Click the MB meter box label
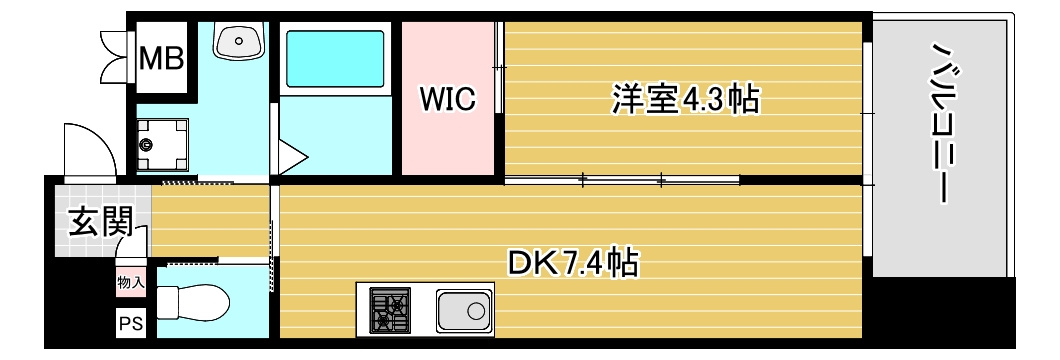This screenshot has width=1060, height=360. click(x=162, y=59)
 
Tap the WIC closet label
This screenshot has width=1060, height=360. click(x=447, y=99)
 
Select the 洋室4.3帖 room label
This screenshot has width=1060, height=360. click(x=685, y=100)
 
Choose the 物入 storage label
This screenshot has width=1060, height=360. click(x=130, y=282)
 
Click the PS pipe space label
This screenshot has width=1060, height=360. click(x=131, y=324)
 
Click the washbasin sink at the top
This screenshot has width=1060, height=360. click(x=239, y=40)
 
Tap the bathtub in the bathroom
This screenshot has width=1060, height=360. click(x=334, y=59)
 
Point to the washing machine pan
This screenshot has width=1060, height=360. click(x=163, y=145)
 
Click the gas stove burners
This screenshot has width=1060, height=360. click(x=389, y=310)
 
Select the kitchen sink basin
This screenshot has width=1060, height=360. click(x=464, y=311)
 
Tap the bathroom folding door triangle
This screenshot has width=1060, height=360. click(x=291, y=157)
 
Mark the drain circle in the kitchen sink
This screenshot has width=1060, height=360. click(x=476, y=311)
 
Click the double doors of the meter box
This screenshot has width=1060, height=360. click(x=116, y=56)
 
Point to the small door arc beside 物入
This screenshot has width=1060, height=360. click(x=132, y=242)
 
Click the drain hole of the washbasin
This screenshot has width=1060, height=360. click(x=239, y=41)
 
